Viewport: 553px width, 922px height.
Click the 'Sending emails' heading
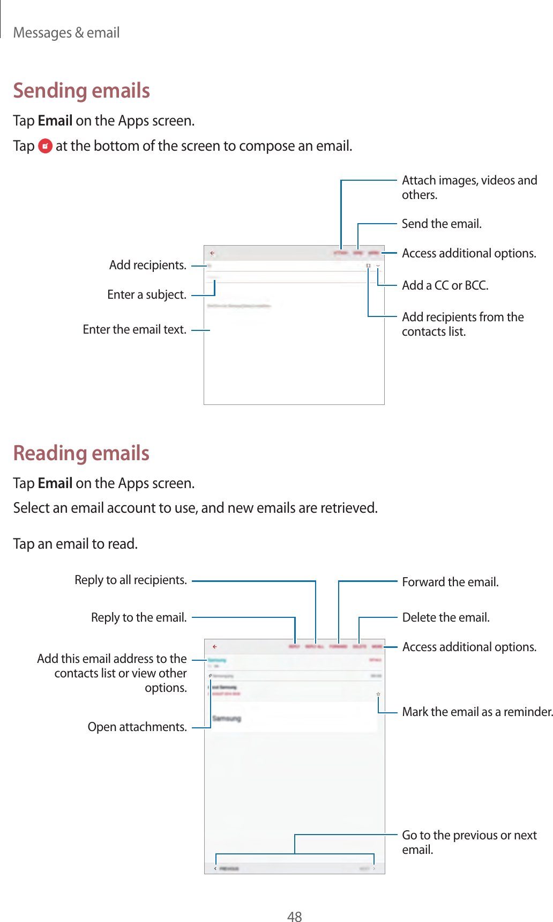click(x=81, y=91)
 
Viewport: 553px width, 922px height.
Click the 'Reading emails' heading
click(x=81, y=453)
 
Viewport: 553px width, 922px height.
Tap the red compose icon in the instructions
click(x=46, y=146)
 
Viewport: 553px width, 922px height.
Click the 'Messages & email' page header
click(x=66, y=33)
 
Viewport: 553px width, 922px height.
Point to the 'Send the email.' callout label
click(x=442, y=224)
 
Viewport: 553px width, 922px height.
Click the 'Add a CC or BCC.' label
click(x=445, y=285)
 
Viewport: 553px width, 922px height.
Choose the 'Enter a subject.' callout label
click(x=147, y=294)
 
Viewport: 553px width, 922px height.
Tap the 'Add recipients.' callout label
click(x=148, y=265)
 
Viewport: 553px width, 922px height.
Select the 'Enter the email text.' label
click(x=134, y=329)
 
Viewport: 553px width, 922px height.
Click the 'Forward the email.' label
click(x=450, y=582)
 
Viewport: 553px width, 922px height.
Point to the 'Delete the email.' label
click(x=446, y=617)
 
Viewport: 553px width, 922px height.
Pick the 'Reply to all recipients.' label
click(x=131, y=580)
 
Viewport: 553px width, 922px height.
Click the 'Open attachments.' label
click(x=137, y=727)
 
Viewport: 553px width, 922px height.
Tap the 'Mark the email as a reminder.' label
click(x=477, y=712)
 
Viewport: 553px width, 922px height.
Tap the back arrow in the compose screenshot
click(x=212, y=253)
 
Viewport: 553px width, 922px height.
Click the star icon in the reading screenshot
click(x=378, y=694)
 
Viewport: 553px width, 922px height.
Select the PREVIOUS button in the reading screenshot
click(x=226, y=868)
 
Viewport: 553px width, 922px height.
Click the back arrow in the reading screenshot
click(x=214, y=647)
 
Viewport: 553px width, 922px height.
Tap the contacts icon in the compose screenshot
click(x=368, y=266)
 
